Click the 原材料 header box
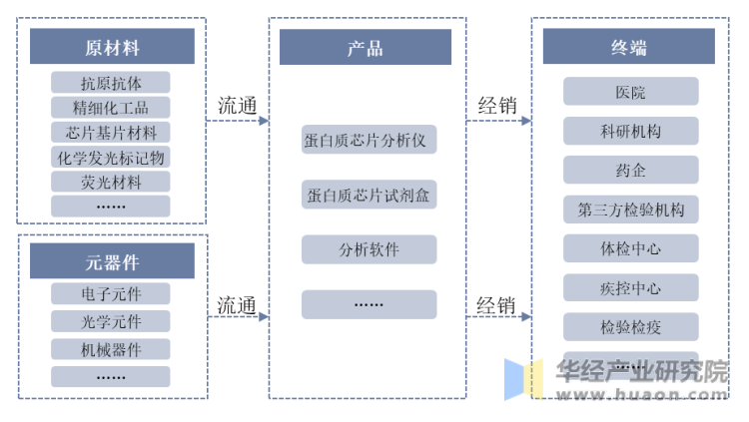click(111, 47)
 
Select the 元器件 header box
click(111, 261)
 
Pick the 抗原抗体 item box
click(111, 83)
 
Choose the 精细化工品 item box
click(111, 108)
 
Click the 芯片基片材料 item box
click(111, 133)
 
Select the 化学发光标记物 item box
click(111, 158)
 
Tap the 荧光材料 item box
click(111, 183)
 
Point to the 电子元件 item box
click(111, 294)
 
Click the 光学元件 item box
click(111, 322)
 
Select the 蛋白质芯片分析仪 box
click(369, 140)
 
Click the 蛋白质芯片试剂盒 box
click(369, 195)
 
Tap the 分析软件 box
click(369, 249)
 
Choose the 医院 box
click(630, 93)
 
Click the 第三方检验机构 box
click(630, 211)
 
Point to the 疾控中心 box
click(630, 288)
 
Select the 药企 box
click(630, 171)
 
